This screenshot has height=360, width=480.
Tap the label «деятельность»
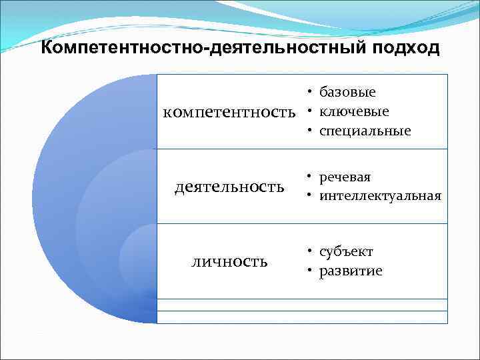click(229, 187)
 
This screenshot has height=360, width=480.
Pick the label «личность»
click(229, 261)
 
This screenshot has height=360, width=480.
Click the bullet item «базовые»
click(347, 92)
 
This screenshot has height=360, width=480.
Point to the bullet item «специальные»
click(365, 131)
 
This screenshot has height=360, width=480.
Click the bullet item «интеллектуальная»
click(380, 196)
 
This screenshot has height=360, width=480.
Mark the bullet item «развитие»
click(351, 271)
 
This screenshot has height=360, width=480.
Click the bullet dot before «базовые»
click(311, 92)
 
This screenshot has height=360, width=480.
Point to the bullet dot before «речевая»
click(311, 177)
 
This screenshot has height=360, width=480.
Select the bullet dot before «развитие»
click(311, 271)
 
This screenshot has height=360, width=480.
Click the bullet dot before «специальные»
click(311, 131)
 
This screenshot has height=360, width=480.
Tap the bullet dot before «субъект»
click(311, 252)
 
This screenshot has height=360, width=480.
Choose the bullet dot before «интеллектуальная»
click(311, 196)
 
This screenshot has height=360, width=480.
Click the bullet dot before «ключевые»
click(311, 111)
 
